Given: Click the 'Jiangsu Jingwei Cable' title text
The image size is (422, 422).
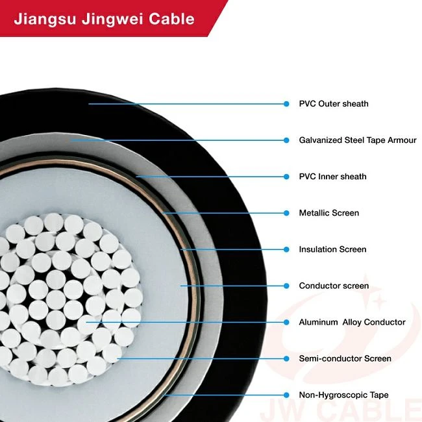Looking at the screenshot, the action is click(x=104, y=19).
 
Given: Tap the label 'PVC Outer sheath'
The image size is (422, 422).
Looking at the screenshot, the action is click(x=334, y=104).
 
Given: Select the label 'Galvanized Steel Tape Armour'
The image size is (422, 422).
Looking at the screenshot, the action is click(x=358, y=140).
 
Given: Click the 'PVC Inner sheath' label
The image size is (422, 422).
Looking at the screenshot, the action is click(x=332, y=177).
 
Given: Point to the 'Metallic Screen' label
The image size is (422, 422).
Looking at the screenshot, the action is click(x=329, y=213).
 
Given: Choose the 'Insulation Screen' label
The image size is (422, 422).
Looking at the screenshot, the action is click(x=332, y=249).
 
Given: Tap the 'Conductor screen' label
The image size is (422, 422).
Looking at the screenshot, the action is click(x=334, y=286).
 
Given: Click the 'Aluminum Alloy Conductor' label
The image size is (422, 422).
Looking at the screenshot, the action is click(x=352, y=322).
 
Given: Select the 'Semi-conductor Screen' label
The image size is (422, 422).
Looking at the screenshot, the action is click(x=345, y=358).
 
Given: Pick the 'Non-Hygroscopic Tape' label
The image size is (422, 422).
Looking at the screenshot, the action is click(x=343, y=395).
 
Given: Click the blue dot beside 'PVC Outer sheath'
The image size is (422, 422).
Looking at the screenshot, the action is click(x=286, y=104).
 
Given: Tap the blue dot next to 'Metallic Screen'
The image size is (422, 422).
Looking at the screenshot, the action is click(x=286, y=213).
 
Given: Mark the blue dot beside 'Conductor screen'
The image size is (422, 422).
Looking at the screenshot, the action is click(x=286, y=286).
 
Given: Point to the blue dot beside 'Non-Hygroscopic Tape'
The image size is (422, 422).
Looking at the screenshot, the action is click(x=286, y=395).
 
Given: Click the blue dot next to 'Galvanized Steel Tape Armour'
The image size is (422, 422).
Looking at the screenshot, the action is click(x=286, y=140).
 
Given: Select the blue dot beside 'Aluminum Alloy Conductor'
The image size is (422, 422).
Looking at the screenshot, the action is click(x=286, y=322).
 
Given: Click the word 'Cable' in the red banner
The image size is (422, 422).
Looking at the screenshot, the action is click(x=171, y=19).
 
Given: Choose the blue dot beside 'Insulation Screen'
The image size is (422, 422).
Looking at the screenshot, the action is click(x=286, y=249).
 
